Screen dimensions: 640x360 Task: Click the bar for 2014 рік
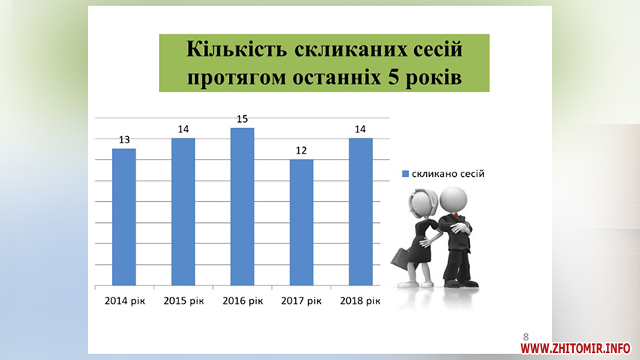click(x=123, y=217)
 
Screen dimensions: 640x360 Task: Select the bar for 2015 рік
click(x=183, y=212)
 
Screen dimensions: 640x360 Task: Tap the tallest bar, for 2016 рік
click(x=242, y=206)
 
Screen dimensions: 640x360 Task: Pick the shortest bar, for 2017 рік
click(x=301, y=222)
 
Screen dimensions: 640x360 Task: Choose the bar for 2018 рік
click(x=361, y=212)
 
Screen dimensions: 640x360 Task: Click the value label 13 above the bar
click(x=124, y=140)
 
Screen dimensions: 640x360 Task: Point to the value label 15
click(x=242, y=119)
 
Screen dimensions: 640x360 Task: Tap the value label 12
click(x=301, y=151)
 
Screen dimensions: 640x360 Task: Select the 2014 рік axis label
click(x=124, y=301)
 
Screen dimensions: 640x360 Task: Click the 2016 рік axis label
click(x=242, y=301)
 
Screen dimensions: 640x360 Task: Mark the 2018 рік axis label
click(x=360, y=301)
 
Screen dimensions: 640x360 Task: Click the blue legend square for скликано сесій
click(x=405, y=174)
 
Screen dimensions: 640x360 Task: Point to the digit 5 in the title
click(x=394, y=77)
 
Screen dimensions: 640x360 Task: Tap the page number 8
click(x=526, y=337)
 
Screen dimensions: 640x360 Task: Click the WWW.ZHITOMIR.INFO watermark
click(x=575, y=348)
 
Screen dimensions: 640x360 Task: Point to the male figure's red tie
click(x=456, y=215)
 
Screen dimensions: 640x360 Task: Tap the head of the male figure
click(x=453, y=200)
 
